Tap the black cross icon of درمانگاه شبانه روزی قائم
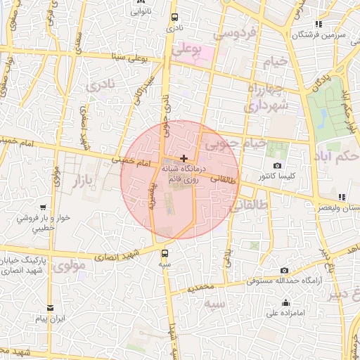184,159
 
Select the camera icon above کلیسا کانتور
277,165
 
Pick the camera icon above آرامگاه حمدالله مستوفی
284,270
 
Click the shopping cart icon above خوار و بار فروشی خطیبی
44,208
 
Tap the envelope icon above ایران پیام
50,308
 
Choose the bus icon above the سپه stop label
165,253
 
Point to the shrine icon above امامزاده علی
285,304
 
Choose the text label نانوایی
139,11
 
